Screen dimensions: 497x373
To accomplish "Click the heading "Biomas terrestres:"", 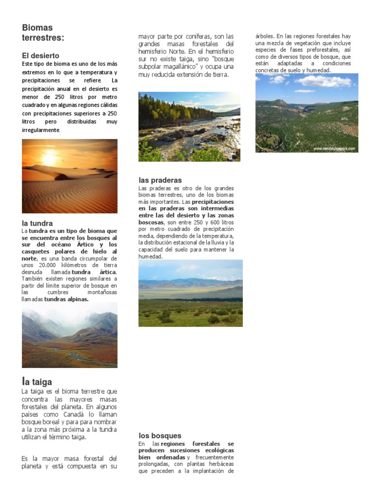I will tap(43, 33).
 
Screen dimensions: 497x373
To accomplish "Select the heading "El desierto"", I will tap(41, 56).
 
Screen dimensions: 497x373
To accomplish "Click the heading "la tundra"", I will tap(37, 223).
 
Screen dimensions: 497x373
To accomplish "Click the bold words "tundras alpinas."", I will tap(67, 299).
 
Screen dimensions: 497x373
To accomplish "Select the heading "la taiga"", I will tap(37, 382).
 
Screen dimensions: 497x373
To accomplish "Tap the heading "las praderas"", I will tap(160, 180).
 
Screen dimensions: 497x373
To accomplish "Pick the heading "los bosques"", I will tap(160, 435).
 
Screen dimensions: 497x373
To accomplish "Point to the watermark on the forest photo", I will tap(334, 149).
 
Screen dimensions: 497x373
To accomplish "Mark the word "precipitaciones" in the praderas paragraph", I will tap(213, 201).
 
